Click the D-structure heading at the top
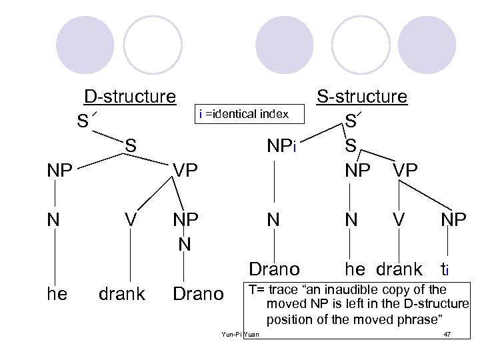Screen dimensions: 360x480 tap(129, 97)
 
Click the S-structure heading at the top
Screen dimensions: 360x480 tap(361, 97)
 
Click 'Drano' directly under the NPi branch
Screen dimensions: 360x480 tap(274, 269)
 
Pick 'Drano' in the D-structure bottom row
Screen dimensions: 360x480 tap(197, 293)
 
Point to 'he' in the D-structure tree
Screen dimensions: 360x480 tap(57, 293)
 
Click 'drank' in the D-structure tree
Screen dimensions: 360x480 tap(121, 293)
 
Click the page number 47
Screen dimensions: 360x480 tap(447, 333)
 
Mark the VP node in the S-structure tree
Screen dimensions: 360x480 tap(405, 170)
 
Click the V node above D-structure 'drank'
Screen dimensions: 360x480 tap(131, 219)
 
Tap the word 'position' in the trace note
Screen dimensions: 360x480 tap(289, 319)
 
